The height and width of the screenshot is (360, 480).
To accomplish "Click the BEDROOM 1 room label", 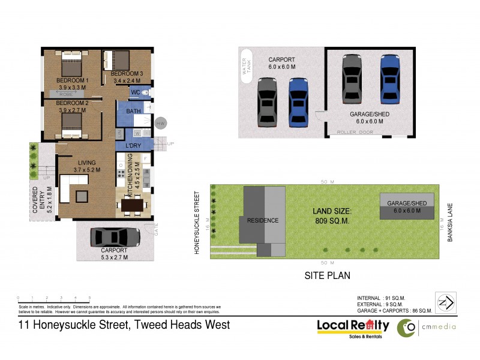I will coord(72,80).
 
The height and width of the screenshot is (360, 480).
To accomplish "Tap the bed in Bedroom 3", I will coord(118,61).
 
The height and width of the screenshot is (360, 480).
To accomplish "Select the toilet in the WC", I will coord(147,92).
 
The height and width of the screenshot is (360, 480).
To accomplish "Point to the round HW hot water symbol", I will coord(160,123).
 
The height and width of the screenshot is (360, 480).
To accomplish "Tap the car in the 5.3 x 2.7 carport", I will coord(114,238).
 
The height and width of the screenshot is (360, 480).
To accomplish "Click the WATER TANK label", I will coord(246,66).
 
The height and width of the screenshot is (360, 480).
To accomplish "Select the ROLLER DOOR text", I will coord(355,131).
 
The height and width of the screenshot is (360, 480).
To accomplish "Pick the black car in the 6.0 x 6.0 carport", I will coord(267,102).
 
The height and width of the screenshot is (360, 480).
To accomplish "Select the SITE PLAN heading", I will coord(327,275).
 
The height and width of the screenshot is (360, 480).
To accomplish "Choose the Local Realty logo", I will coord(353,327).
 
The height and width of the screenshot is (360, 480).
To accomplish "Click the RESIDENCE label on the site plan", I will coord(263,220).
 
